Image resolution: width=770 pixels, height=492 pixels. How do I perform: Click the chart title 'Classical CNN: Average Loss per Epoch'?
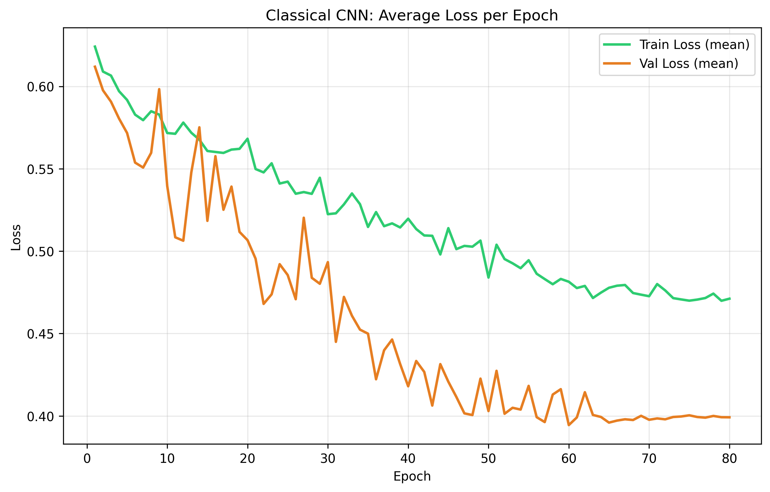[x=412, y=15]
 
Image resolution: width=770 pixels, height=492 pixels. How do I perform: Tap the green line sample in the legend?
[x=617, y=44]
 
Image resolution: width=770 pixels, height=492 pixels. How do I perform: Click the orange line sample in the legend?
[x=617, y=64]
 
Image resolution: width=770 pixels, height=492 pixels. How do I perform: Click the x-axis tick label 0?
[x=87, y=459]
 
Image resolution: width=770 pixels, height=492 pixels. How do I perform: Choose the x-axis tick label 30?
[x=328, y=459]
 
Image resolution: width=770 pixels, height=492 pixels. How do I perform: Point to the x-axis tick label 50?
[x=488, y=459]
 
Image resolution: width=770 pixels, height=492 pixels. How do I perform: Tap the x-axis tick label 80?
[x=729, y=459]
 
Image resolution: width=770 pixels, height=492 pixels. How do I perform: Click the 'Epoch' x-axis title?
[x=412, y=476]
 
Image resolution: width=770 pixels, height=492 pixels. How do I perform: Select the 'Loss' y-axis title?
[x=16, y=237]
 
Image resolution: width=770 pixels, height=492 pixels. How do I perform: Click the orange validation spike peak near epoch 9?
[x=159, y=89]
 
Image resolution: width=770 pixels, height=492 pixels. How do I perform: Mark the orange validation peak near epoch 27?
[x=304, y=218]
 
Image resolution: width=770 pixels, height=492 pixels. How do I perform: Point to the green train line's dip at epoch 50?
[x=488, y=277]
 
